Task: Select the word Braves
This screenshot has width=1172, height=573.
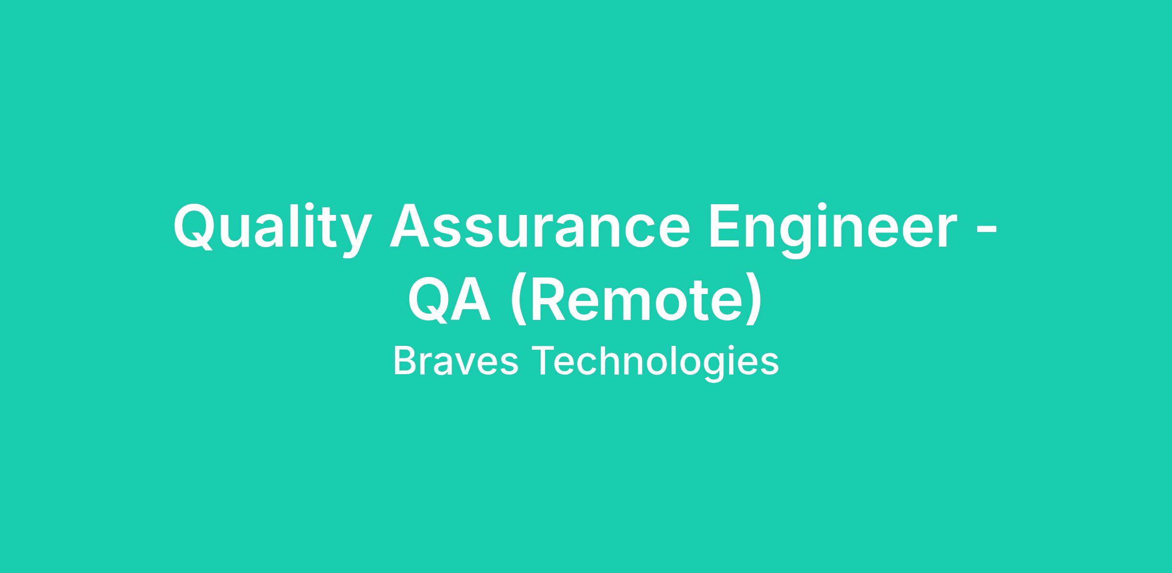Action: pos(456,361)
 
